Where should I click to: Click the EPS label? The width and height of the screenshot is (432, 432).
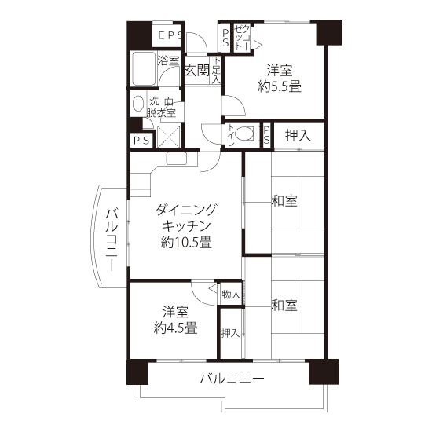point(170,35)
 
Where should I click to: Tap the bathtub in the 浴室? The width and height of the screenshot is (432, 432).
point(143,68)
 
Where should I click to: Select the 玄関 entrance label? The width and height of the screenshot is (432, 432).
point(197,70)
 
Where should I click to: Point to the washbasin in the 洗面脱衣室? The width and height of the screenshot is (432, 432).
point(138,104)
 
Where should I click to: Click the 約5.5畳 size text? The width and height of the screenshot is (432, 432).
point(280,86)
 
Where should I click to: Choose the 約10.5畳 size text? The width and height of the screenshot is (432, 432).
point(186,243)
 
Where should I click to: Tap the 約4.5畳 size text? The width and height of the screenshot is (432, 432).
point(175,328)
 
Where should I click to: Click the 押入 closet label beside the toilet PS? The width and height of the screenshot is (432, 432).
point(298,135)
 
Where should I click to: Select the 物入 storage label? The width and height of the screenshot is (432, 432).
point(231,295)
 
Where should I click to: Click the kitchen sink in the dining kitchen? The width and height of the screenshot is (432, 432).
point(177,159)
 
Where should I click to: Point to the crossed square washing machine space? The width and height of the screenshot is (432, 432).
point(168,136)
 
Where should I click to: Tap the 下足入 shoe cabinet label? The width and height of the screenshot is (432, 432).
point(216,70)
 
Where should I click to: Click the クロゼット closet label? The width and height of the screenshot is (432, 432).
point(243,38)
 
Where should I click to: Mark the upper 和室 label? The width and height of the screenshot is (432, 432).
point(284,200)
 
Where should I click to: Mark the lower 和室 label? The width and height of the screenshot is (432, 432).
point(284,305)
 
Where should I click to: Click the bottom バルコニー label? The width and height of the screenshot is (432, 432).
point(232,379)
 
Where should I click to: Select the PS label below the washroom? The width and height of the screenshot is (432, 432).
point(141,141)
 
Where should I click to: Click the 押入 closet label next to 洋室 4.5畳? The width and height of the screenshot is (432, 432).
point(230,333)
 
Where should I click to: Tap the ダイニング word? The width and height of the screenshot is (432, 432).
point(186,210)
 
